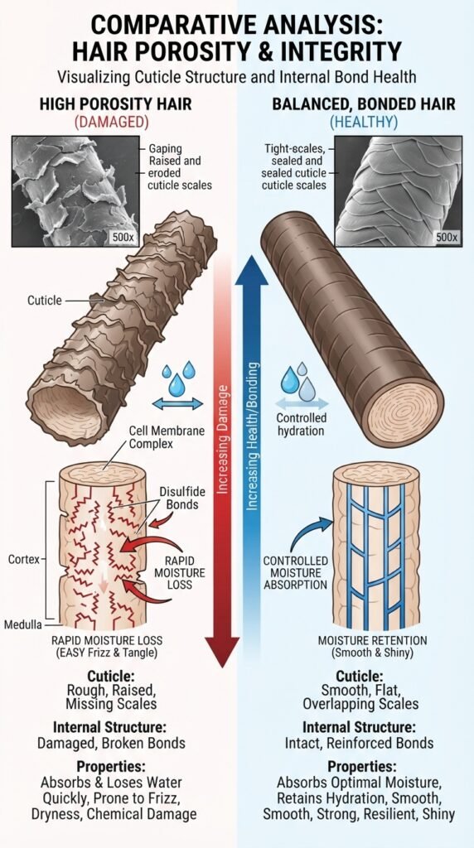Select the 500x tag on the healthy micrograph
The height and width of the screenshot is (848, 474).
(447, 237)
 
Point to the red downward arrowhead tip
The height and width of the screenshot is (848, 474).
(222, 667)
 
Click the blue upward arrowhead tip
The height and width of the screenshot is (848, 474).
(250, 256)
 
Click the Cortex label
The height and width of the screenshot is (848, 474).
(24, 560)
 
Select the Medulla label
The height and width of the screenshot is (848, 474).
(24, 625)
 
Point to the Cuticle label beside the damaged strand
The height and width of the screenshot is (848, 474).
(45, 300)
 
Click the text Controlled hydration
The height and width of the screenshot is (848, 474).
(302, 425)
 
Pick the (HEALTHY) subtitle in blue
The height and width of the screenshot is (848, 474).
(364, 123)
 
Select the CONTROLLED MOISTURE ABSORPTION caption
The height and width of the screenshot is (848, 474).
(296, 573)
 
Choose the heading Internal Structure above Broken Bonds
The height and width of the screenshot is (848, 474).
(111, 725)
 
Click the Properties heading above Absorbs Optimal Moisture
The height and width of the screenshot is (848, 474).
(362, 766)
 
